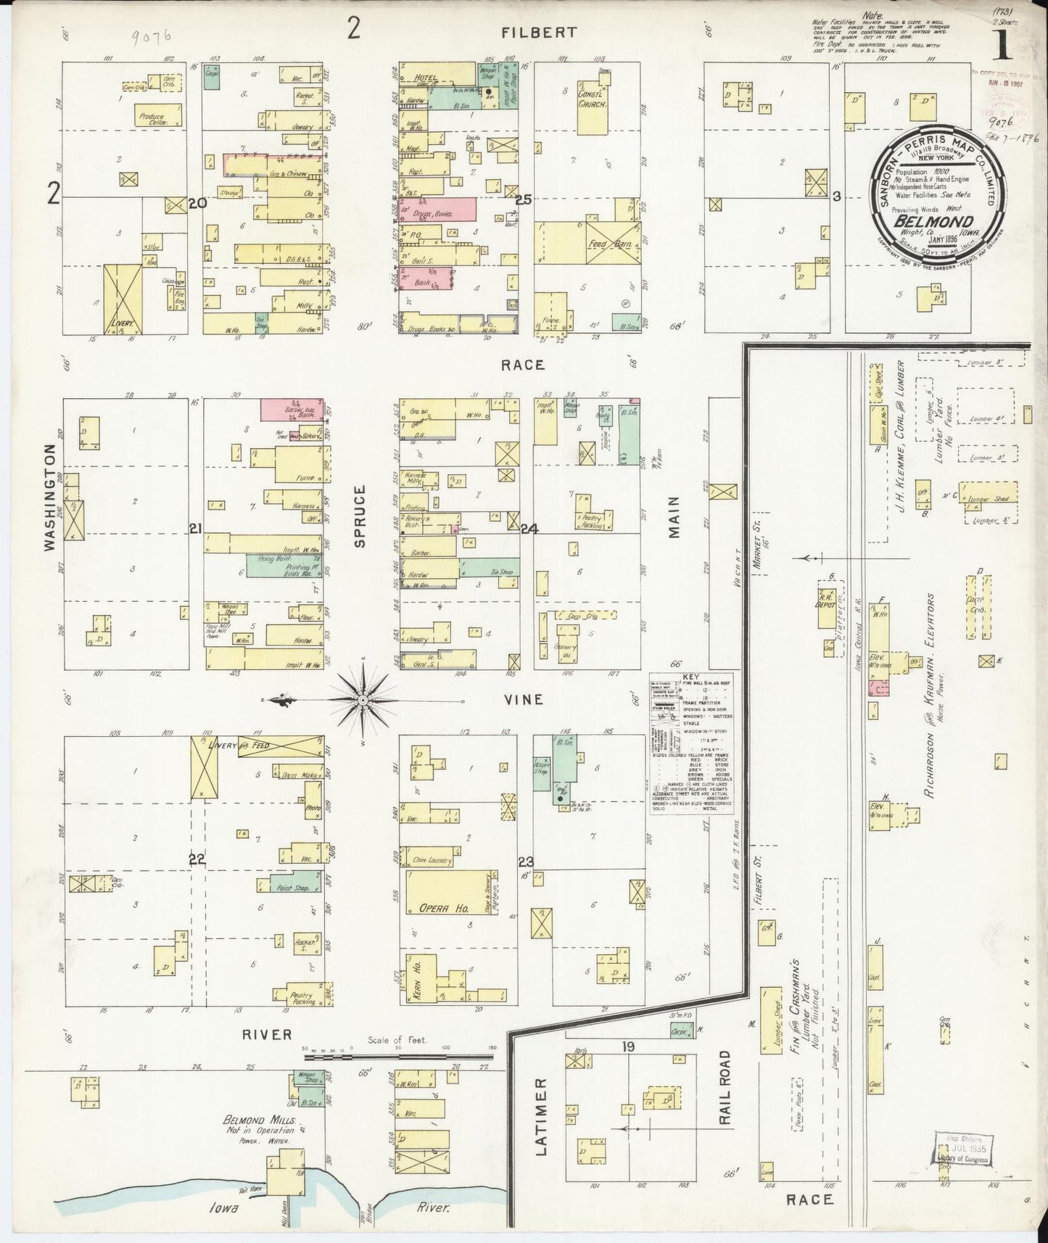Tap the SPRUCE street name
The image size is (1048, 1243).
360,516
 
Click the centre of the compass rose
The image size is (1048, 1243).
362,700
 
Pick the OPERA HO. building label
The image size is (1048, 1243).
436,908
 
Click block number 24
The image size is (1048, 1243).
529,529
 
